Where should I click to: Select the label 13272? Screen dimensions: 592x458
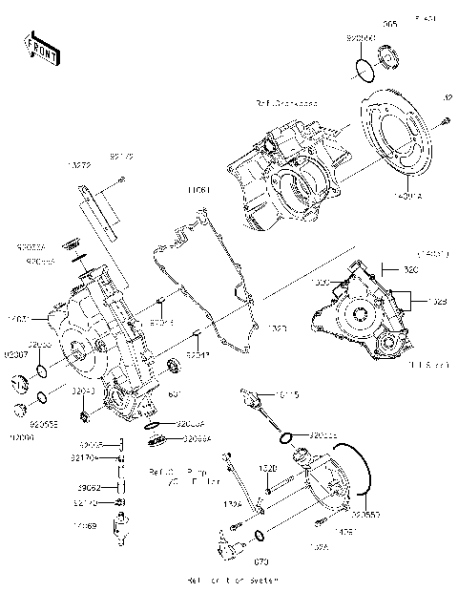[x=79, y=165]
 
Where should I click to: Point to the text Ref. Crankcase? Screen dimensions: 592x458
[x=286, y=102]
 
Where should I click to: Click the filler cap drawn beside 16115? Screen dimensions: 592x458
[x=277, y=396]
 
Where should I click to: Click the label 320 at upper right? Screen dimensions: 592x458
[x=411, y=270]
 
